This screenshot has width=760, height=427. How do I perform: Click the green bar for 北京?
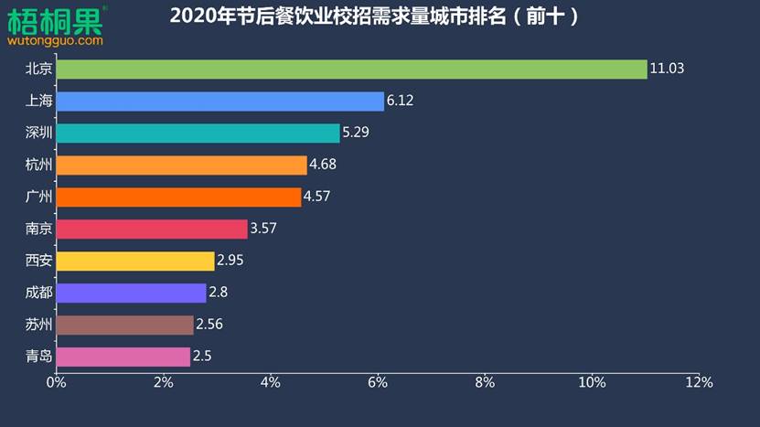(x=351, y=69)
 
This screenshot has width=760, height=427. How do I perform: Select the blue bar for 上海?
(x=219, y=101)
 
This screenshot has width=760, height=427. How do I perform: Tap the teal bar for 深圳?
(x=198, y=133)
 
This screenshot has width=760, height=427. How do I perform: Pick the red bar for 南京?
(x=152, y=230)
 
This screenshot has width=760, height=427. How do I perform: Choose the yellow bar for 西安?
(x=135, y=262)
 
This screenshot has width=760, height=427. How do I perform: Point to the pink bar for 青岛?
(x=123, y=357)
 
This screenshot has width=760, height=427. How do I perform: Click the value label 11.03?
(x=667, y=69)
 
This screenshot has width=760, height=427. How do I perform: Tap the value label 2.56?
(x=209, y=325)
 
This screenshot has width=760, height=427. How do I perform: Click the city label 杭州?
(x=39, y=165)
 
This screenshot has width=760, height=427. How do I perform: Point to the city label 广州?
(x=39, y=197)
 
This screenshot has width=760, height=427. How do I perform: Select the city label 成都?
(x=39, y=293)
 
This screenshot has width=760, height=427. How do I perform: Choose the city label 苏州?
(x=39, y=325)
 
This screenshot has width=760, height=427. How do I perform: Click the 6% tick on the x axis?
(x=377, y=381)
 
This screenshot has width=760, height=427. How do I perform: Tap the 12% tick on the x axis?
(x=699, y=381)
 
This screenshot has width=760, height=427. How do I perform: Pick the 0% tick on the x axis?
(x=56, y=381)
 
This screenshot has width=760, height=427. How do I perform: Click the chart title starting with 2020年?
(x=375, y=16)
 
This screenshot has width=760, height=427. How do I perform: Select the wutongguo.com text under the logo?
(x=55, y=40)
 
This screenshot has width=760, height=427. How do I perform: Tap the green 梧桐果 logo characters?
(x=55, y=19)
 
